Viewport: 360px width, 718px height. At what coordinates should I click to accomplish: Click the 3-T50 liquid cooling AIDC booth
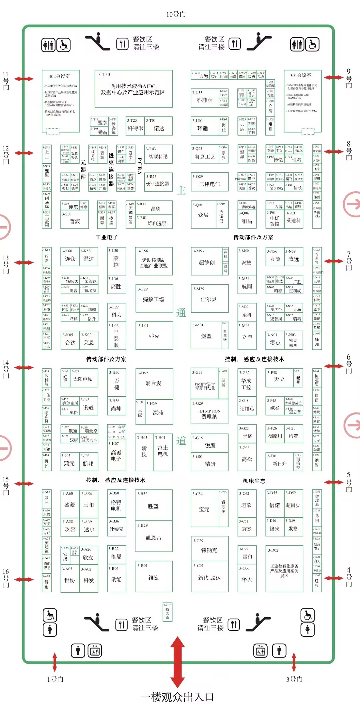133,89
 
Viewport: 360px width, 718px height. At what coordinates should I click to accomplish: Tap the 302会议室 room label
59,76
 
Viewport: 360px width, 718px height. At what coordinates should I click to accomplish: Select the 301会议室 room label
301,75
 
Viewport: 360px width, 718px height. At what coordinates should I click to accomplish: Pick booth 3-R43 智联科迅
158,154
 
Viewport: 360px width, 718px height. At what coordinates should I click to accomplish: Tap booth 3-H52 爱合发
154,383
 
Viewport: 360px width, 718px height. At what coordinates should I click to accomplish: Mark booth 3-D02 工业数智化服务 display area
284,570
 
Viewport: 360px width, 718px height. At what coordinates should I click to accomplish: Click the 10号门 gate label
176,14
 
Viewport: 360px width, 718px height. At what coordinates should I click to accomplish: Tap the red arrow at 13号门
24,263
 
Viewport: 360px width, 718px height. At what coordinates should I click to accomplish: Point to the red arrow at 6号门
333,366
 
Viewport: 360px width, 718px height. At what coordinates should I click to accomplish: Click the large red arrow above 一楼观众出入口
178,662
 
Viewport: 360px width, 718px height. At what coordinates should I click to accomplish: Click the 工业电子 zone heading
107,237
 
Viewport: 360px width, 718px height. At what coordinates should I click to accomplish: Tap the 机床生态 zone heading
254,481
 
